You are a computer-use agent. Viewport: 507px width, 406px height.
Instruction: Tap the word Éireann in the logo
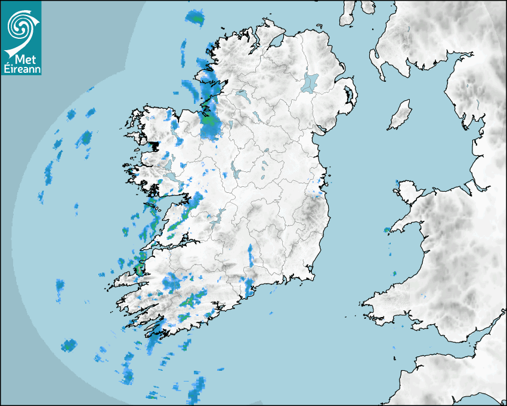tap(23, 69)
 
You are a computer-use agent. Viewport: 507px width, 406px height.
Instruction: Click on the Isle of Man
tap(400, 115)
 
